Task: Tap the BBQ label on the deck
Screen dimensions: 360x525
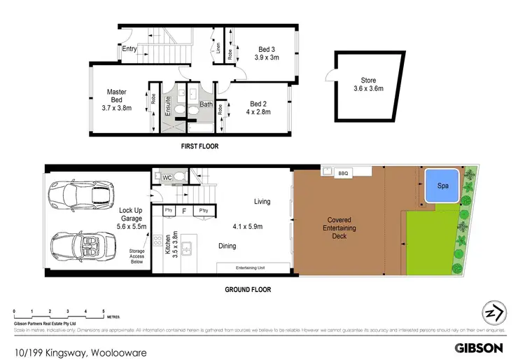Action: [343, 173]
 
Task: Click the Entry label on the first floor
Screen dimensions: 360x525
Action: [129, 49]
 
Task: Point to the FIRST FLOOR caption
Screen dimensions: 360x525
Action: [200, 147]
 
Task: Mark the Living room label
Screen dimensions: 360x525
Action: [262, 202]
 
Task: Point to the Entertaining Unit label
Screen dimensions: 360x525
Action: [252, 267]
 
